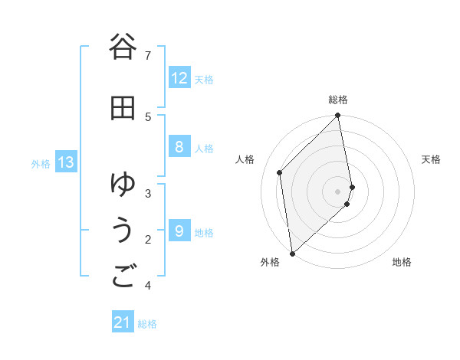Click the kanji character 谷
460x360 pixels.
[x=123, y=47]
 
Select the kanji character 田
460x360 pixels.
[x=123, y=109]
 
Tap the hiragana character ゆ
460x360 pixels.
[x=123, y=184]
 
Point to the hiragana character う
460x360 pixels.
[x=123, y=231]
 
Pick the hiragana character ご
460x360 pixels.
[x=123, y=277]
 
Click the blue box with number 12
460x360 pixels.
[x=179, y=78]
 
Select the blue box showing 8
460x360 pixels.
[x=179, y=148]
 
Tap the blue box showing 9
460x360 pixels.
[x=179, y=231]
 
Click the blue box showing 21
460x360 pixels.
[x=123, y=323]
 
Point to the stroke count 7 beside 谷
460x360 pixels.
[x=148, y=56]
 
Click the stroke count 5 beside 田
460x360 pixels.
[x=148, y=117]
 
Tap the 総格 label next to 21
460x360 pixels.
[x=147, y=324]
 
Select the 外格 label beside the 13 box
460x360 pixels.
[x=41, y=163]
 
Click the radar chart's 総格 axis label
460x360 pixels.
[x=338, y=100]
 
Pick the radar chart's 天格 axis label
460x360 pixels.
[x=432, y=159]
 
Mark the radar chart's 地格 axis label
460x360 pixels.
[x=402, y=262]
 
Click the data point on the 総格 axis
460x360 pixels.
[x=338, y=116]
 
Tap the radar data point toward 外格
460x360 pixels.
[x=292, y=253]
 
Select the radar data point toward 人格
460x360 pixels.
[x=280, y=172]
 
